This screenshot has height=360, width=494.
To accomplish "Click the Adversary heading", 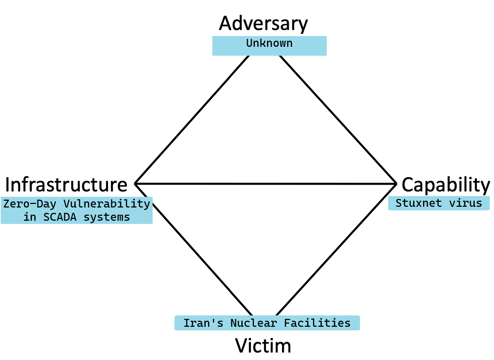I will pos(263,24).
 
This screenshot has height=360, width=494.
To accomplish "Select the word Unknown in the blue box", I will pos(269,43).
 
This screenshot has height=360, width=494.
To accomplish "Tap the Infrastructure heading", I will pos(66,185).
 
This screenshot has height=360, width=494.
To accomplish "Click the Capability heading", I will pos(445,185).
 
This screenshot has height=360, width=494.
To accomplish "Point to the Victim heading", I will pos(263,346).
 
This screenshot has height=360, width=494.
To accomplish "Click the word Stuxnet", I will pos(418,203).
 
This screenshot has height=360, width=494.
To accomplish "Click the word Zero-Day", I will pos(30,204).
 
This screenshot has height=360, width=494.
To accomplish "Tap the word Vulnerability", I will pos(107,204).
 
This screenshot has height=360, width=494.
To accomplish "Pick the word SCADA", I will pos(60,217).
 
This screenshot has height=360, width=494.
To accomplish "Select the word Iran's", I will pos(203,323).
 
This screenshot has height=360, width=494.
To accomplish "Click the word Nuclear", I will pos(253,323).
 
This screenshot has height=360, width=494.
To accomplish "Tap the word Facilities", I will pos(317,323).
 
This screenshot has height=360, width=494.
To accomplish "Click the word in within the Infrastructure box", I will pos(30,217).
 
